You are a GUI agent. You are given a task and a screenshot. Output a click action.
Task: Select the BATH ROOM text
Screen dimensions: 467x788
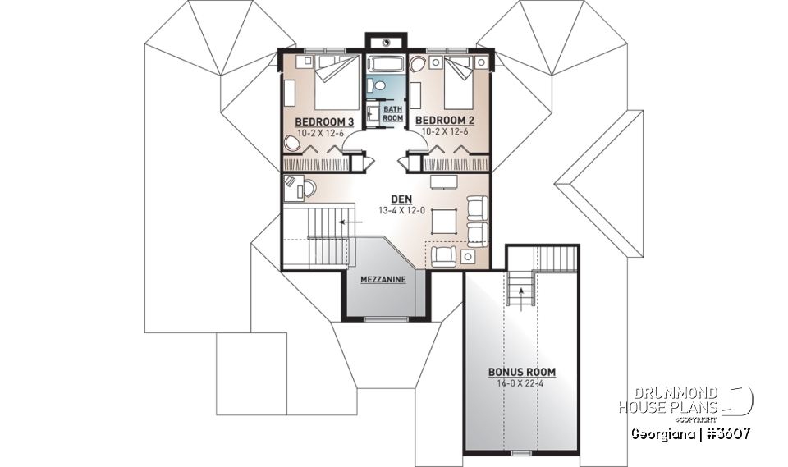393,113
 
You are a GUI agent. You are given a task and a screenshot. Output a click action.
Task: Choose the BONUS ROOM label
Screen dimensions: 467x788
521,372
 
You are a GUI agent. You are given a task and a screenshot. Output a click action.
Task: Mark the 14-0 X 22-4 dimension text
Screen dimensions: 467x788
521,382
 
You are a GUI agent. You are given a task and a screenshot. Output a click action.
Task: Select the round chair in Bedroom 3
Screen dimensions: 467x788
293,144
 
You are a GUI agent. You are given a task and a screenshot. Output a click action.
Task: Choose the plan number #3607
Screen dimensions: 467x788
724,433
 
